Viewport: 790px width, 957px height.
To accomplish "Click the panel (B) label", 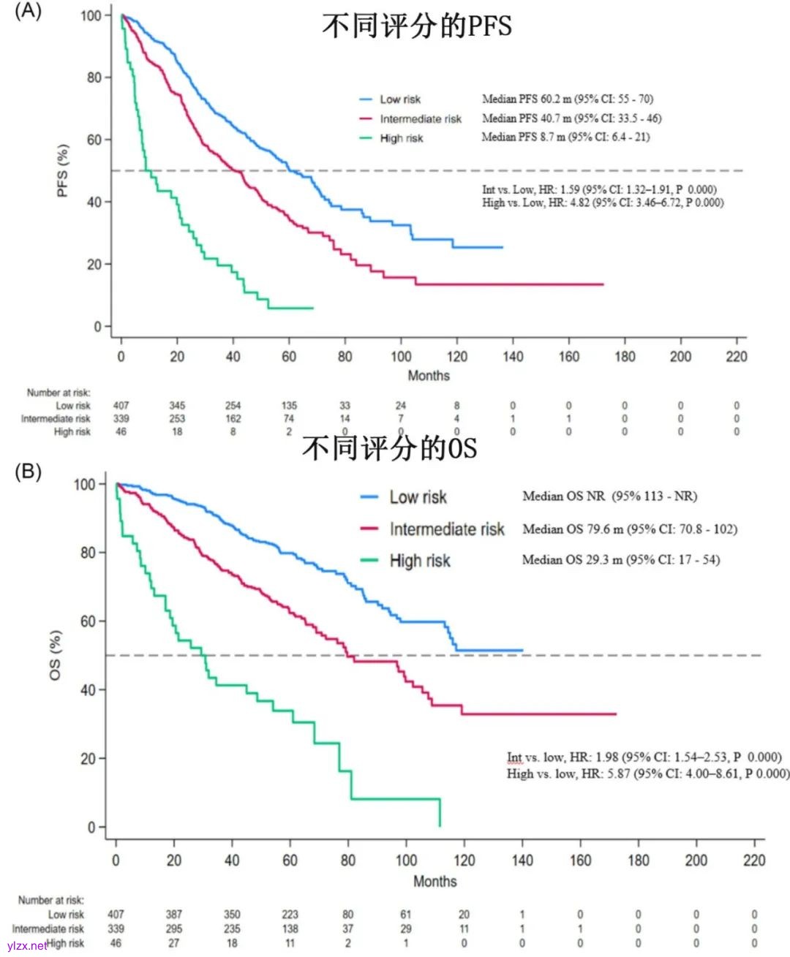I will pos(28,472).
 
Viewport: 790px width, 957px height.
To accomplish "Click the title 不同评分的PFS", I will pos(416,26).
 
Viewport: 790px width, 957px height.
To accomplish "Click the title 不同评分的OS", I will pos(389,447).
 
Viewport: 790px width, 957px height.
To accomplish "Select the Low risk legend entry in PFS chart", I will pos(399,99).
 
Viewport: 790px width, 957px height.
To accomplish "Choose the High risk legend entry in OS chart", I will pos(419,561).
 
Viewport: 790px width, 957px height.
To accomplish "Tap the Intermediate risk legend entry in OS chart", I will pos(446,529).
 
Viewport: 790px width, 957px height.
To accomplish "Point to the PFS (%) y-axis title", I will pos(63,170).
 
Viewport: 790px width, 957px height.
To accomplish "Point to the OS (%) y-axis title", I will pos(56,655).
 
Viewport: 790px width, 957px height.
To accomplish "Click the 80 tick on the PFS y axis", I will pos(94,77).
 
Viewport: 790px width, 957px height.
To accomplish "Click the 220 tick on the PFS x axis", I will pos(736,357).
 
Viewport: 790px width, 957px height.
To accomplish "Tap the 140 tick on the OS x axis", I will pos(522,860).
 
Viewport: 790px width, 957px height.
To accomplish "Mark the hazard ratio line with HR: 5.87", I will pos(647,773).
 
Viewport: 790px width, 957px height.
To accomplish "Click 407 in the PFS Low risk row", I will pos(121,405).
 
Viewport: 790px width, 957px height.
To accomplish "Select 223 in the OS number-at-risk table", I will pos(290,915).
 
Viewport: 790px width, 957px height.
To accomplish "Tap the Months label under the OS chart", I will pos(434,881).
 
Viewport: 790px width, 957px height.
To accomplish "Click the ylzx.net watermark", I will pos(27,946).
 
